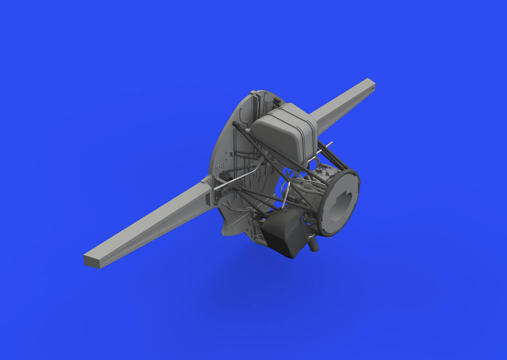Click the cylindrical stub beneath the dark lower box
pyautogui.click(x=314, y=245)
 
